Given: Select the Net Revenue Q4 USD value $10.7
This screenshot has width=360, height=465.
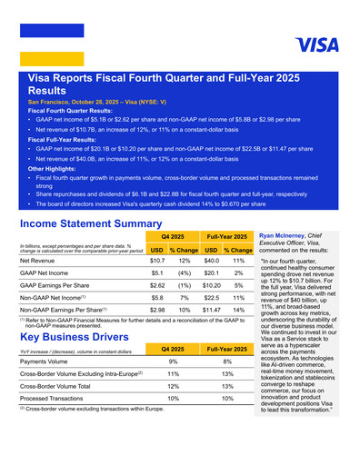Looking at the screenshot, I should pos(156,261).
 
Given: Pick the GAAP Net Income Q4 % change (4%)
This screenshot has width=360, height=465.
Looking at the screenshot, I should pos(184,272).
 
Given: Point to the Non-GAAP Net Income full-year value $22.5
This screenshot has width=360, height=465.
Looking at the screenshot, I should pos(211,298).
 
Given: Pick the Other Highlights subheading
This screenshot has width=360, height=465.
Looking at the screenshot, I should pos(55,168).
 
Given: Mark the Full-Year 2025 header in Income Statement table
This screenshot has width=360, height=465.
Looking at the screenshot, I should pos(225,235).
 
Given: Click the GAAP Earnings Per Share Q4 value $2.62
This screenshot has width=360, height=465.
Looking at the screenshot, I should pos(156,285).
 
